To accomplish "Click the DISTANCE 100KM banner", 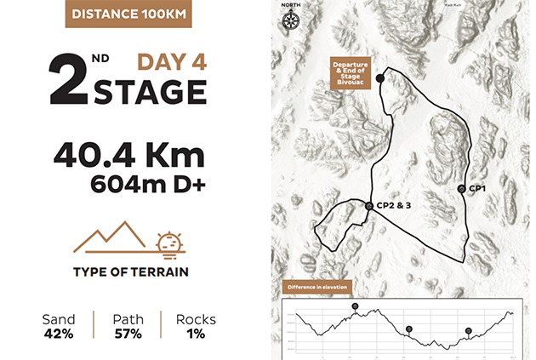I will click(x=125, y=14).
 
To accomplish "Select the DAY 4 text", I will click(x=172, y=62).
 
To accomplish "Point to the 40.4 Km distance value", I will click(x=128, y=156).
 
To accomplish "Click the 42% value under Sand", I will click(x=58, y=334).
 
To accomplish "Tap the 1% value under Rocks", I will click(x=195, y=334).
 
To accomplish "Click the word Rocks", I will click(x=195, y=320).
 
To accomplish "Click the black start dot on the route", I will click(x=380, y=78).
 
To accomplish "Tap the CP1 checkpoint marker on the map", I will click(x=461, y=188).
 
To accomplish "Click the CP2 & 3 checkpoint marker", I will click(x=368, y=206).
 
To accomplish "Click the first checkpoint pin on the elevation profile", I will click(x=356, y=306).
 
